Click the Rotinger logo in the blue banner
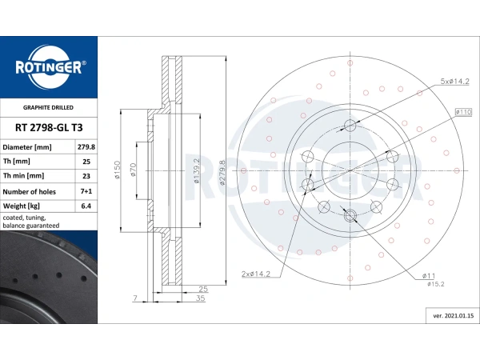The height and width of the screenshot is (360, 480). (48, 67)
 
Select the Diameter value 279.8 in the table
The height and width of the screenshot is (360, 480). (86, 148)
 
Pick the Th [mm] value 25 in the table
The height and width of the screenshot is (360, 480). (86, 162)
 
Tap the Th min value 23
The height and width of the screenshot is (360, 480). (86, 177)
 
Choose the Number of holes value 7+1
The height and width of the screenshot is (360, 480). (86, 192)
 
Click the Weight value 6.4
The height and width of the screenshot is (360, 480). (86, 206)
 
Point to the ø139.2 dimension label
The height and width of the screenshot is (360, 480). (198, 170)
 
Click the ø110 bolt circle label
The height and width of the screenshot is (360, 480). (462, 112)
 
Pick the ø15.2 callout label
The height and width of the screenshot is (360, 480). (435, 284)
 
